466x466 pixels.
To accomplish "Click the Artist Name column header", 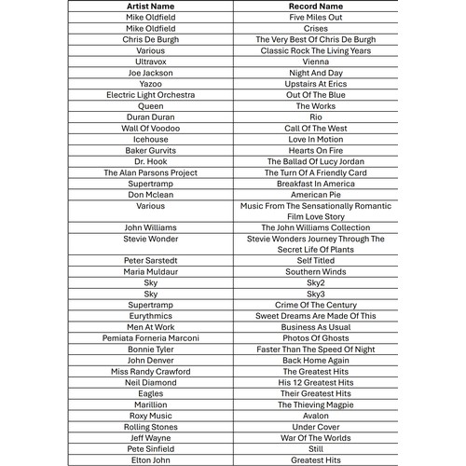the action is tap(150, 7).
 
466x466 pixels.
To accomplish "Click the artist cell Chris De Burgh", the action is tap(150, 40).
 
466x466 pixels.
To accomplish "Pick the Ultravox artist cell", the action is tap(150, 62).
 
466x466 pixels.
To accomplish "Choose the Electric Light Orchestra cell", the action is tap(150, 95).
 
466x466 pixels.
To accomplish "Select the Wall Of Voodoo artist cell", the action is tap(150, 129).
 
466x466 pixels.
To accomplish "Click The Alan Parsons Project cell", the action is tap(150, 172).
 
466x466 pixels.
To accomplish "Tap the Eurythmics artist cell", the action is tap(150, 316).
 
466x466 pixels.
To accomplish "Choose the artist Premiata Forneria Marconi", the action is tap(150, 338).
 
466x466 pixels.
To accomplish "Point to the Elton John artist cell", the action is tap(150, 460).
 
